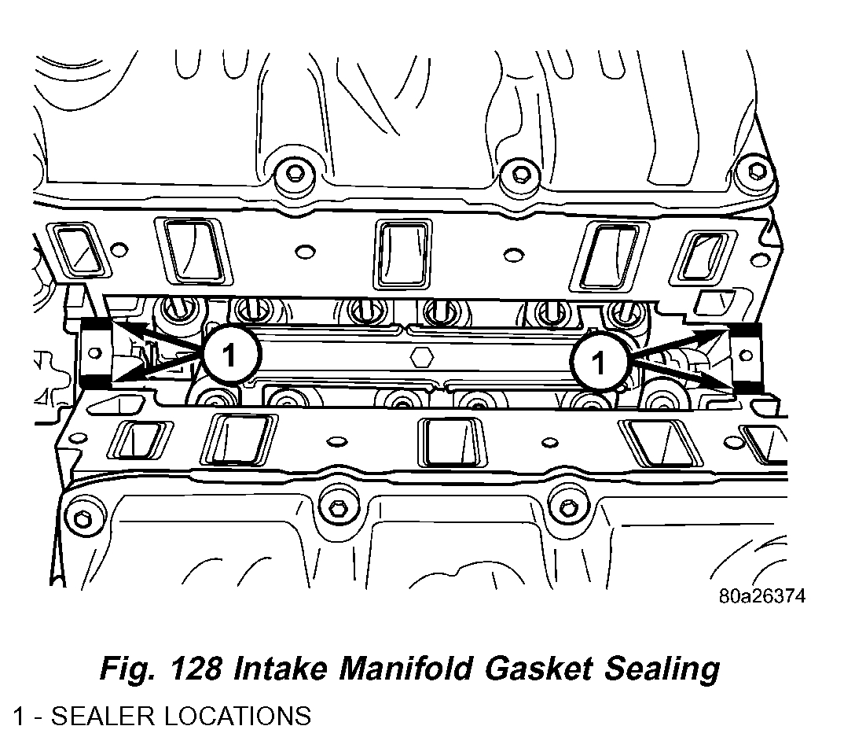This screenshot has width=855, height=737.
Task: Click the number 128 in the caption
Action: pyautogui.click(x=199, y=669)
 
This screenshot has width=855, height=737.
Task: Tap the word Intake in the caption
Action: pyautogui.click(x=282, y=669)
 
